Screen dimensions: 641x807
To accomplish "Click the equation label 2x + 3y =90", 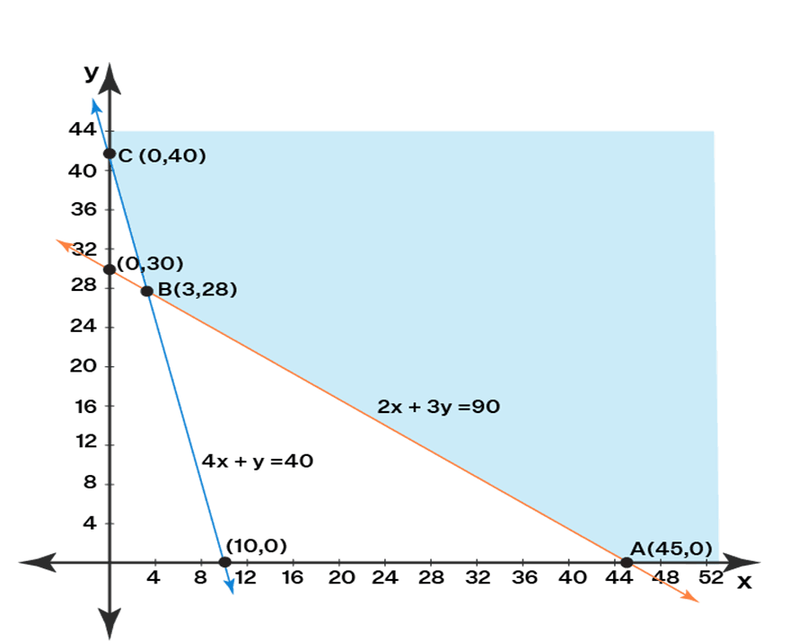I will click(x=438, y=407).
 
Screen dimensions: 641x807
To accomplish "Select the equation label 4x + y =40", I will click(x=257, y=461).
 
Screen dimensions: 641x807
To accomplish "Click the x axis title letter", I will click(x=744, y=582).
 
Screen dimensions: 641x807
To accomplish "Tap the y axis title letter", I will click(x=90, y=73).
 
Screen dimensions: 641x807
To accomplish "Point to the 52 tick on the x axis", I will click(x=711, y=579).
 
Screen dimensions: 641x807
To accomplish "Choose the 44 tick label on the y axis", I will click(x=82, y=129).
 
